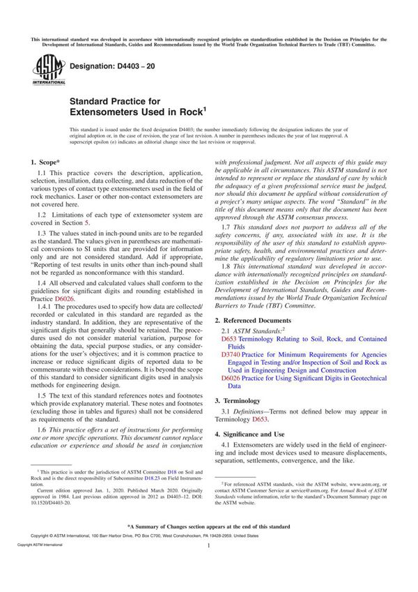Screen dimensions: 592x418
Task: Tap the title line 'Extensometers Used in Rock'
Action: tap(136, 110)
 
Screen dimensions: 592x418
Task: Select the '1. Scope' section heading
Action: tap(49, 162)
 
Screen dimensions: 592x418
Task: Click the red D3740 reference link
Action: tap(231, 354)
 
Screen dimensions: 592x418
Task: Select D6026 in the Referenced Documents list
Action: tap(231, 378)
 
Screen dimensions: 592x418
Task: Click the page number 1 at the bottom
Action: tap(209, 566)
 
